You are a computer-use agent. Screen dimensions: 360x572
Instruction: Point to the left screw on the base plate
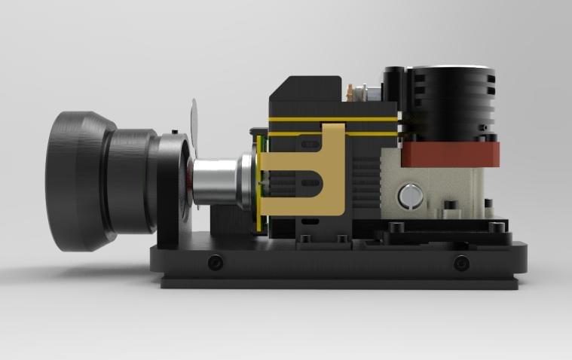(216, 263)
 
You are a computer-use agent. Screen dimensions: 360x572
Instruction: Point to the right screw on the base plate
(461, 263)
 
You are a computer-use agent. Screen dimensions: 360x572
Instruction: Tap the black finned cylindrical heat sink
(450, 102)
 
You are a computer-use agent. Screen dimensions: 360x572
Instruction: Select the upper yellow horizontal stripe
(332, 119)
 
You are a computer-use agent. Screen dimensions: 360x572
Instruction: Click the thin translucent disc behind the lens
(194, 121)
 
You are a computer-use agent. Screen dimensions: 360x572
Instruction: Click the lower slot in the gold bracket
(309, 182)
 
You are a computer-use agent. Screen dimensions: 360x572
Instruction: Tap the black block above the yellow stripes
(305, 94)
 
